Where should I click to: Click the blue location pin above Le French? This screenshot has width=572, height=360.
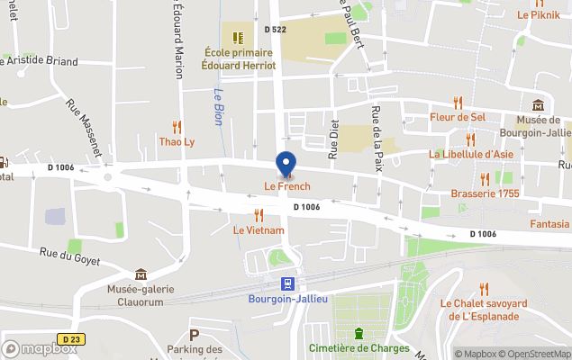tap(286, 164)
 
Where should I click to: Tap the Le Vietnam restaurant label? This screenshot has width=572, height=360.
tap(259, 230)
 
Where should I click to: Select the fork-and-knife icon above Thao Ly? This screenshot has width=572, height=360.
tap(177, 127)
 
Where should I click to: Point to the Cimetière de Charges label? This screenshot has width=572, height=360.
tap(359, 347)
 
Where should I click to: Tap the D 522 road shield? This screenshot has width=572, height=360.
tap(275, 30)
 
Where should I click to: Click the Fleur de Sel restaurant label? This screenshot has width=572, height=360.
tap(458, 117)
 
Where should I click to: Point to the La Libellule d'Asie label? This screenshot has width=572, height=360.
tap(471, 154)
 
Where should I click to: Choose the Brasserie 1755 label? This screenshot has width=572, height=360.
tap(485, 193)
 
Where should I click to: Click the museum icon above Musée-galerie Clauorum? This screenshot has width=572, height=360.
tap(141, 274)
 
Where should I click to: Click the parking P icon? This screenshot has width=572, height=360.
tap(194, 335)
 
